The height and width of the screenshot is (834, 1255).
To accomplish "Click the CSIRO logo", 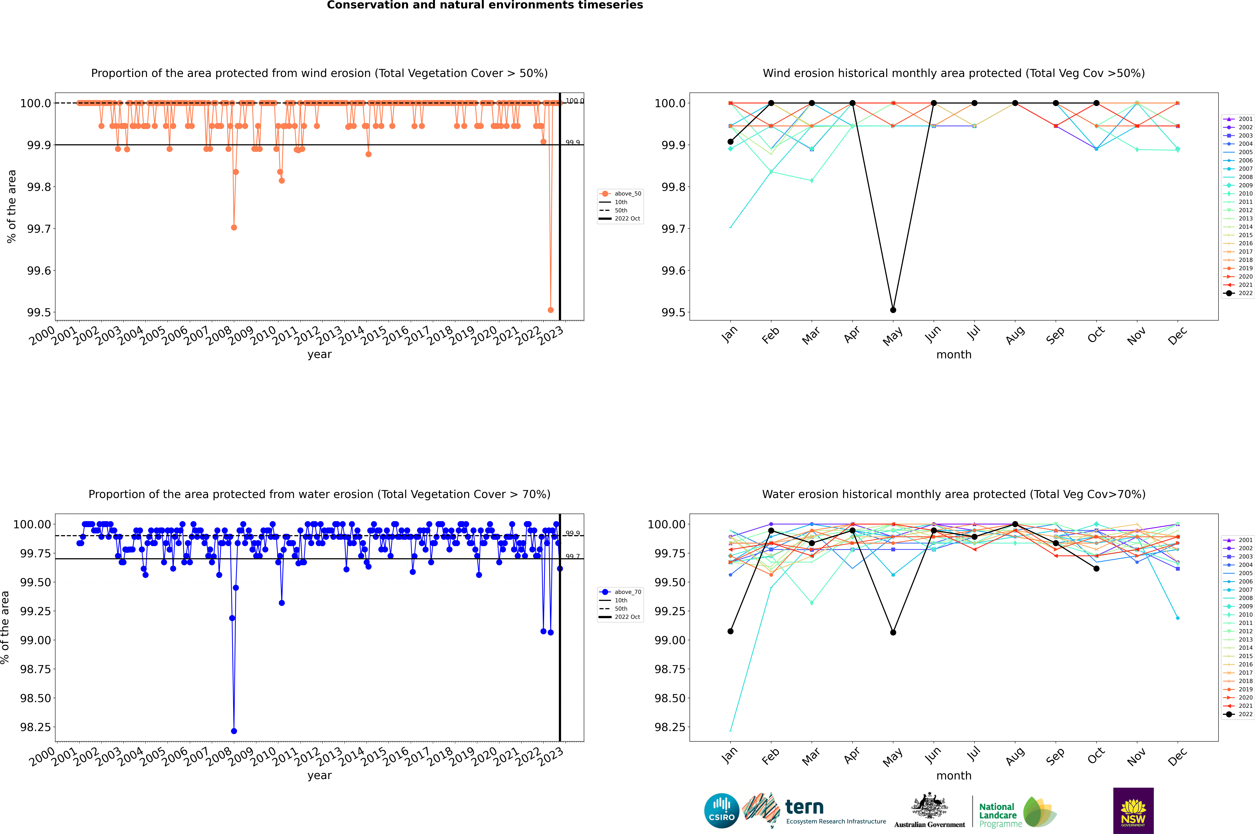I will pos(721,811).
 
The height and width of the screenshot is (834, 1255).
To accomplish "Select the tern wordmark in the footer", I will pos(804,807).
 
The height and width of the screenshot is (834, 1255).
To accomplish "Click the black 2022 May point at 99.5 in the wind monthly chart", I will pos(893,310).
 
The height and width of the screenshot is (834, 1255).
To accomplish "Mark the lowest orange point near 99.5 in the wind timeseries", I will pos(551,310).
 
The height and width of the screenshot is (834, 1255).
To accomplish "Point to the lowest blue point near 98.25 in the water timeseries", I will pos(234,731).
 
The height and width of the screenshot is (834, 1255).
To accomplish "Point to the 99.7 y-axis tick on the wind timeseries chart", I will pos(39,229).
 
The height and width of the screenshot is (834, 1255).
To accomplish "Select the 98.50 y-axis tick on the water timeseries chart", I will pos(36,698).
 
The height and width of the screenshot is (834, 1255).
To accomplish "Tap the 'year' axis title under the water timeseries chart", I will pos(319,776).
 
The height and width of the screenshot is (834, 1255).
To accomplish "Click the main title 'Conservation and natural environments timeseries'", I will pos(485,5).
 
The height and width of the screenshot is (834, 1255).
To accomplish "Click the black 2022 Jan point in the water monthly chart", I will pos(730,631).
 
